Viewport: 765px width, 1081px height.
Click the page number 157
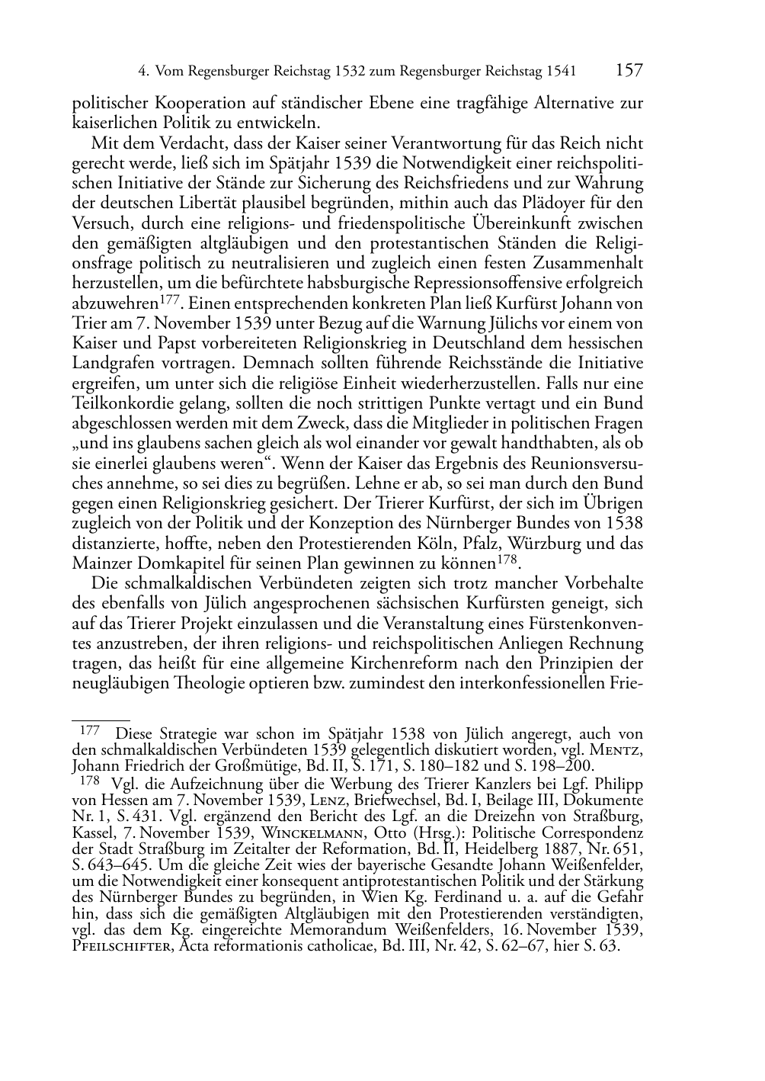(x=628, y=71)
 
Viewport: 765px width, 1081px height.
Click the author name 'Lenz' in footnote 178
(x=330, y=800)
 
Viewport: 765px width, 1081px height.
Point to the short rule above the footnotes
(x=101, y=719)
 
